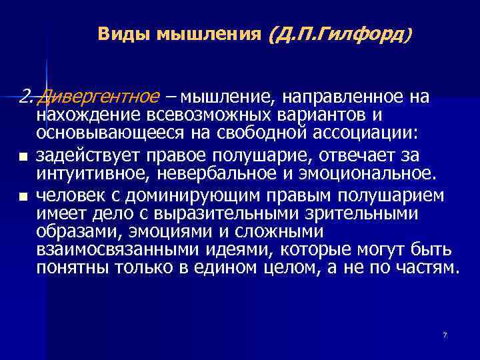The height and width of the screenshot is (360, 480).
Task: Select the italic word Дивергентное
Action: tap(99, 98)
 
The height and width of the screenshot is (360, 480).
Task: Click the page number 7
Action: tap(445, 334)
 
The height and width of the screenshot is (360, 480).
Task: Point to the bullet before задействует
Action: tap(23, 157)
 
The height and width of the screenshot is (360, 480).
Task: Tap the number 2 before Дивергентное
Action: tap(25, 98)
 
